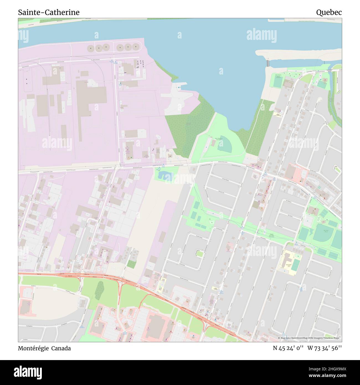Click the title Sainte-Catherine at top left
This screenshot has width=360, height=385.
tap(49, 12)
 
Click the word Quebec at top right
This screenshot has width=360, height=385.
tap(329, 12)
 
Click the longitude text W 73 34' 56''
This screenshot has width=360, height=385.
tap(325, 348)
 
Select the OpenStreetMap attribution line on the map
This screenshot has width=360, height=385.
tap(309, 338)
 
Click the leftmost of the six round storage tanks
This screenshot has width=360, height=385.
tap(91, 48)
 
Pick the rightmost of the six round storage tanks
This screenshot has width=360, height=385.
tap(135, 47)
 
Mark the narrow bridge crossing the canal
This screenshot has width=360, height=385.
tap(268, 63)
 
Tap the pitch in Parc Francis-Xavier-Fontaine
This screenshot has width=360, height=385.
tap(277, 82)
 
